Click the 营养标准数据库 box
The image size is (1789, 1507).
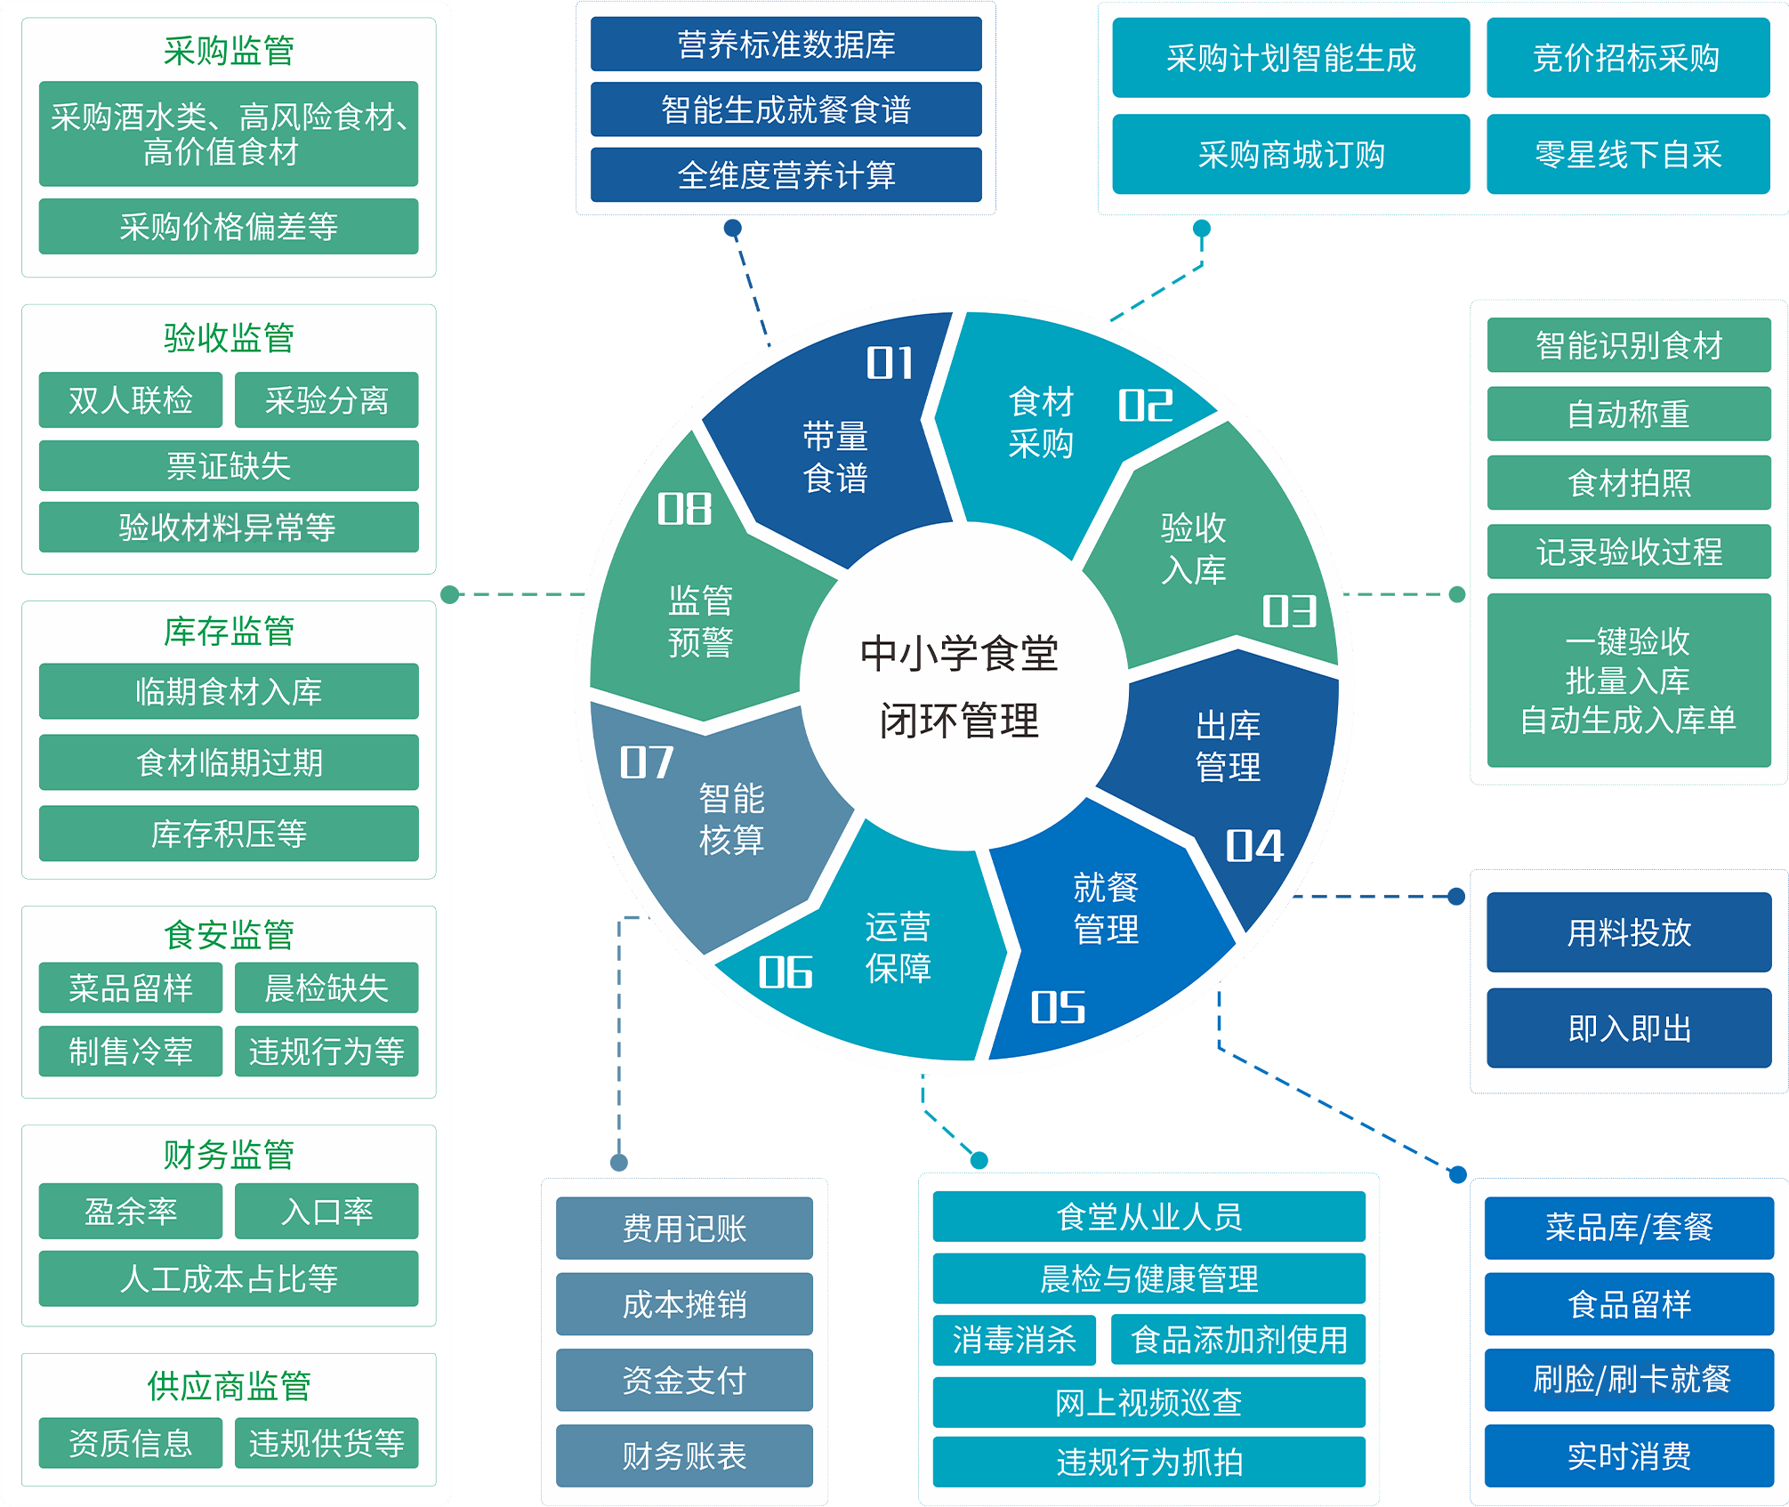pos(786,44)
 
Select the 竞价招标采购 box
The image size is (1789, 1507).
pos(1628,58)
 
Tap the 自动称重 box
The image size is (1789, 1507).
pos(1629,414)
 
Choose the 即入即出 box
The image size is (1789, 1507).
pos(1629,1028)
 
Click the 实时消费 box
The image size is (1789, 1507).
pos(1629,1455)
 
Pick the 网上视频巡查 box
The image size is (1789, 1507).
pos(1148,1403)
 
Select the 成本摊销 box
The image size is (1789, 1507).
pos(684,1304)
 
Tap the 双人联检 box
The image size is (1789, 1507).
pos(131,400)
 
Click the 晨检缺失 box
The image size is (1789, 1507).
pos(326,987)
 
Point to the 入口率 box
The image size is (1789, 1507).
pos(326,1211)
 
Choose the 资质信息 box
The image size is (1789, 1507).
pos(131,1442)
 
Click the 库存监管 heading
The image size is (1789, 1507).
pos(229,631)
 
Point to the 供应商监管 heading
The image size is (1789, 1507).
pos(229,1385)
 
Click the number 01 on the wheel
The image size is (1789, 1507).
pos(890,363)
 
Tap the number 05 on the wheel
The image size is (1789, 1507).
pos(1058,1008)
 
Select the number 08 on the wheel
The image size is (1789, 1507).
pos(684,509)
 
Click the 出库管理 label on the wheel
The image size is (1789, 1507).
pos(1228,746)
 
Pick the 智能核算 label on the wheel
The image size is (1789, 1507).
pos(731,818)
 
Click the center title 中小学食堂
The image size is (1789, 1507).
pos(959,654)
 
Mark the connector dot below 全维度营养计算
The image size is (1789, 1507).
pos(733,228)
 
